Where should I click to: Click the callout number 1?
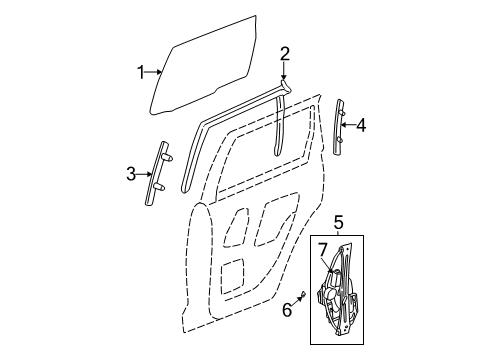141,70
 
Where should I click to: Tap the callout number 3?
130,175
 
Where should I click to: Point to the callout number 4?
361,125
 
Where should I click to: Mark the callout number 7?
323,248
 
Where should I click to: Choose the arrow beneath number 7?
325,263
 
